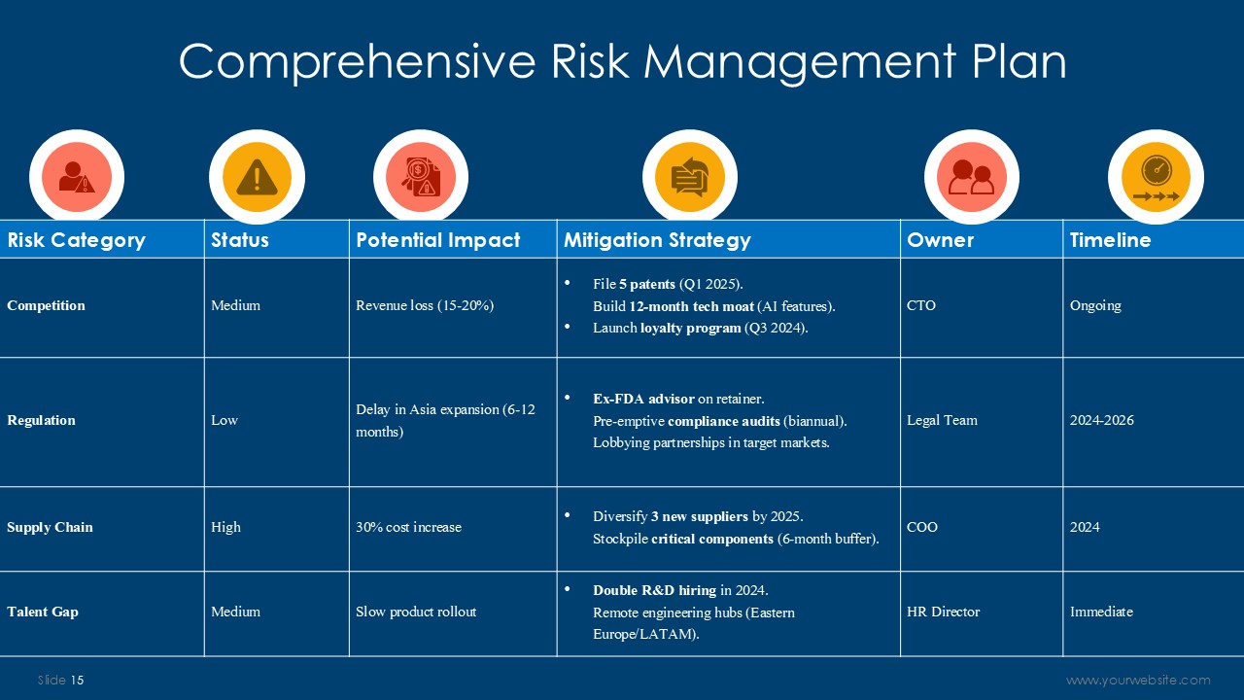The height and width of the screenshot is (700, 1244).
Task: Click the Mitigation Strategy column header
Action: (x=657, y=240)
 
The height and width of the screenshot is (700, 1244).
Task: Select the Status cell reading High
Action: (x=226, y=527)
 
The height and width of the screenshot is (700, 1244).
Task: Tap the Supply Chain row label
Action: (x=50, y=527)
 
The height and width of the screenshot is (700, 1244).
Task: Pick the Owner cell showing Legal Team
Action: (x=942, y=420)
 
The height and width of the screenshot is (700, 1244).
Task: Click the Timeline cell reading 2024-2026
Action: (x=1102, y=420)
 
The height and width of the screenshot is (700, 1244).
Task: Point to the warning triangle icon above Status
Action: (x=257, y=177)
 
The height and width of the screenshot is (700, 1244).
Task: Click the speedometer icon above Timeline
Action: (x=1157, y=178)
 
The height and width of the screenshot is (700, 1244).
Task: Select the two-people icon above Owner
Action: (x=971, y=177)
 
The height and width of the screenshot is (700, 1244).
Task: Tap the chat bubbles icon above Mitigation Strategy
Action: (x=690, y=177)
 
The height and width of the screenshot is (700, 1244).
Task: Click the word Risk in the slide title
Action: (x=590, y=61)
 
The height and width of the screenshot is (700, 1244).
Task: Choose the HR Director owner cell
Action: (x=943, y=612)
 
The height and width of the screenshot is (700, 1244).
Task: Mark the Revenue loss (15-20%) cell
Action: (x=425, y=305)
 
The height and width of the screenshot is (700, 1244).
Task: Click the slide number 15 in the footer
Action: (x=77, y=680)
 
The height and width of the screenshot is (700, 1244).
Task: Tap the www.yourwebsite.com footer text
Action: (x=1138, y=680)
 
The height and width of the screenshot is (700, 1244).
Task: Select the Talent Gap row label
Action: (x=43, y=612)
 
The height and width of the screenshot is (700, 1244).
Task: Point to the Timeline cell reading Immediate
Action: (x=1101, y=612)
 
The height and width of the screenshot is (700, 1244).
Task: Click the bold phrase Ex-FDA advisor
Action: (x=643, y=399)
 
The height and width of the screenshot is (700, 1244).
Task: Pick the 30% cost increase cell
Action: (x=409, y=527)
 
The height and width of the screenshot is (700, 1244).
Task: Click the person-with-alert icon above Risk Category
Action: (x=77, y=177)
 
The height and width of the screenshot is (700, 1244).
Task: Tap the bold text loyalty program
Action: (x=691, y=328)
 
